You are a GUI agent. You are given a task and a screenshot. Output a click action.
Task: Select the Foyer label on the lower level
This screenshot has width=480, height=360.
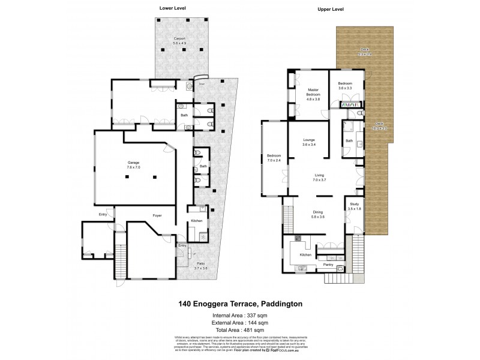[x=157, y=215]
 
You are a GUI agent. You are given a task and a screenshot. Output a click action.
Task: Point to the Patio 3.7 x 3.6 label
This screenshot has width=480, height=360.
[x=200, y=266]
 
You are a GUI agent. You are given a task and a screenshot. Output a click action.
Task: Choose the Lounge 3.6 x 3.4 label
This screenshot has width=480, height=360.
[x=309, y=142]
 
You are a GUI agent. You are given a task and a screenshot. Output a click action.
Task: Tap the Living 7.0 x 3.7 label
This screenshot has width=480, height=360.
[x=320, y=178]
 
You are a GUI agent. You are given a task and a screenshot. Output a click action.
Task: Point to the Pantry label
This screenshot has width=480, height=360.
[x=328, y=265]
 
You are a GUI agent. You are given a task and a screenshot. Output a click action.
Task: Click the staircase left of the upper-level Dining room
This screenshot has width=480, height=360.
[x=289, y=214]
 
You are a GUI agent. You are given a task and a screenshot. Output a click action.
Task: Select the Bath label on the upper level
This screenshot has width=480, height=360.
[x=349, y=142]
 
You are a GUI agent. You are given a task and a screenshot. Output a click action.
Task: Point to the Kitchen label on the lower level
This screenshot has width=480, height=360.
[x=197, y=221]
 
